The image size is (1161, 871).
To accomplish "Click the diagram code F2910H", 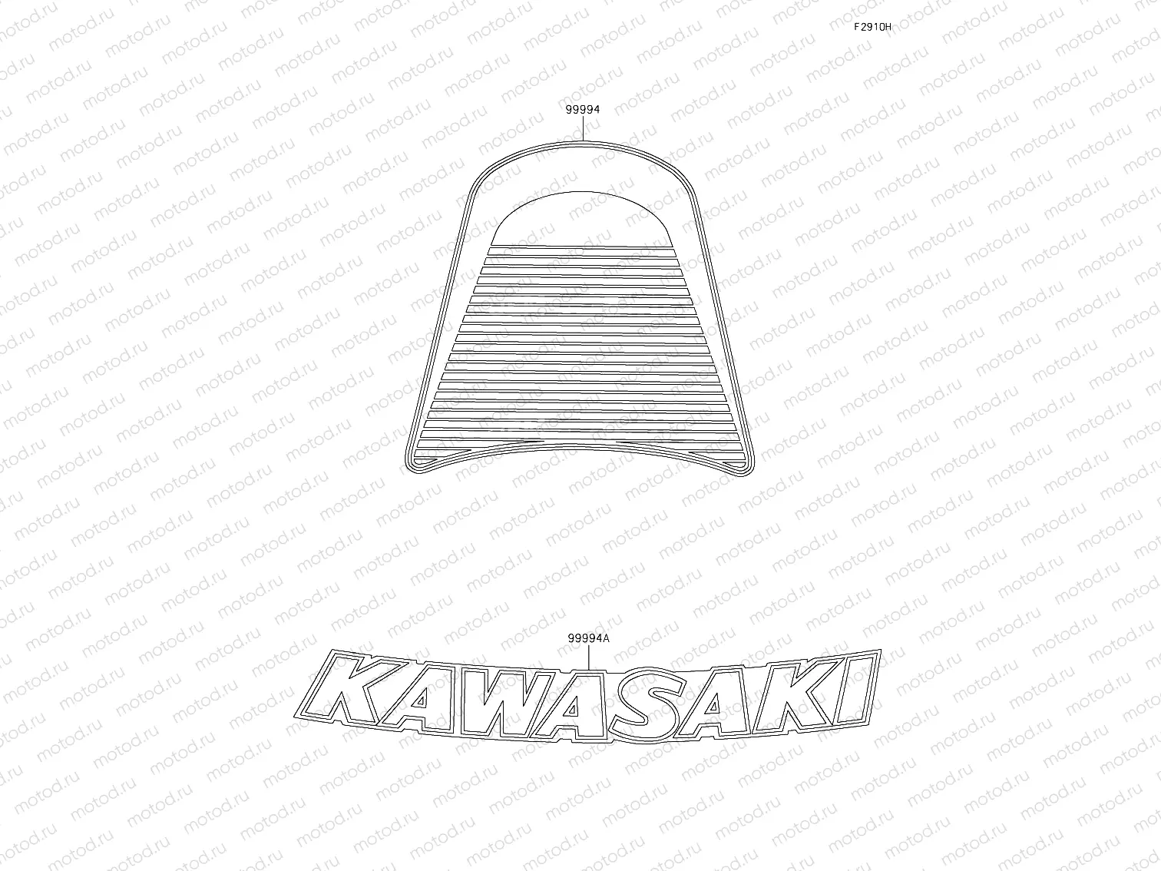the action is [872, 27].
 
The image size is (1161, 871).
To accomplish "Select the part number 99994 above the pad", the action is [583, 110].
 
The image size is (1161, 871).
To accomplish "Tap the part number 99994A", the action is [589, 638].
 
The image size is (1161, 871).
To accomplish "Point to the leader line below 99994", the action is [583, 128].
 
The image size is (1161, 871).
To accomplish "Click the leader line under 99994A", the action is [589, 657].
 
